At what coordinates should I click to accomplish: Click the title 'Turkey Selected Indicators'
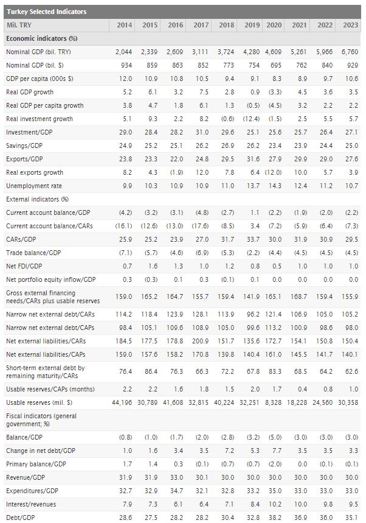[46, 12]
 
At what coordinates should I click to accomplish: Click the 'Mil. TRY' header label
[19, 25]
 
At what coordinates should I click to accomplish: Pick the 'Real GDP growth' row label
[30, 92]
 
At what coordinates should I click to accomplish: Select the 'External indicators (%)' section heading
[37, 199]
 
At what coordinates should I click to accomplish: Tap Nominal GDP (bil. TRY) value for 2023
[350, 52]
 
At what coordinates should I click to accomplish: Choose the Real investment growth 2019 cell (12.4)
[250, 119]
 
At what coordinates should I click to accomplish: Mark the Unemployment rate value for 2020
[275, 186]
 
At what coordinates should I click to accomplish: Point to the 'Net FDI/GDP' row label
[27, 266]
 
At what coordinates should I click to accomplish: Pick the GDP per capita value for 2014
[124, 79]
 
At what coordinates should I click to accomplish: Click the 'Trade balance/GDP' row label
[33, 253]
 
